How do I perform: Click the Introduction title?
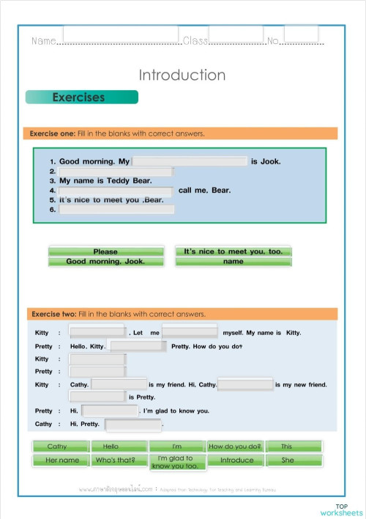click(x=182, y=75)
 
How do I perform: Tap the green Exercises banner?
click(x=81, y=97)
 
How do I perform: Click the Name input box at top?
click(x=120, y=34)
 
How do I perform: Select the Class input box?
click(x=236, y=34)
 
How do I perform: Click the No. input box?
click(x=301, y=34)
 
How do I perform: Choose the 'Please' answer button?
click(x=105, y=251)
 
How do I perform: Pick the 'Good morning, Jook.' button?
click(x=105, y=262)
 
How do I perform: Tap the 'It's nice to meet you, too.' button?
click(x=233, y=251)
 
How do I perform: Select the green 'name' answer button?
click(x=233, y=262)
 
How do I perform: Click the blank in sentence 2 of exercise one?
click(x=116, y=172)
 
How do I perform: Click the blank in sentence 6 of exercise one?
click(x=116, y=210)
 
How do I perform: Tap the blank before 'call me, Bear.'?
click(x=116, y=191)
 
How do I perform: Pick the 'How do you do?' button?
click(x=234, y=446)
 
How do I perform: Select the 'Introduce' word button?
click(x=234, y=460)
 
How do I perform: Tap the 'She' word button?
click(x=292, y=460)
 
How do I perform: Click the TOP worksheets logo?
click(x=341, y=509)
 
